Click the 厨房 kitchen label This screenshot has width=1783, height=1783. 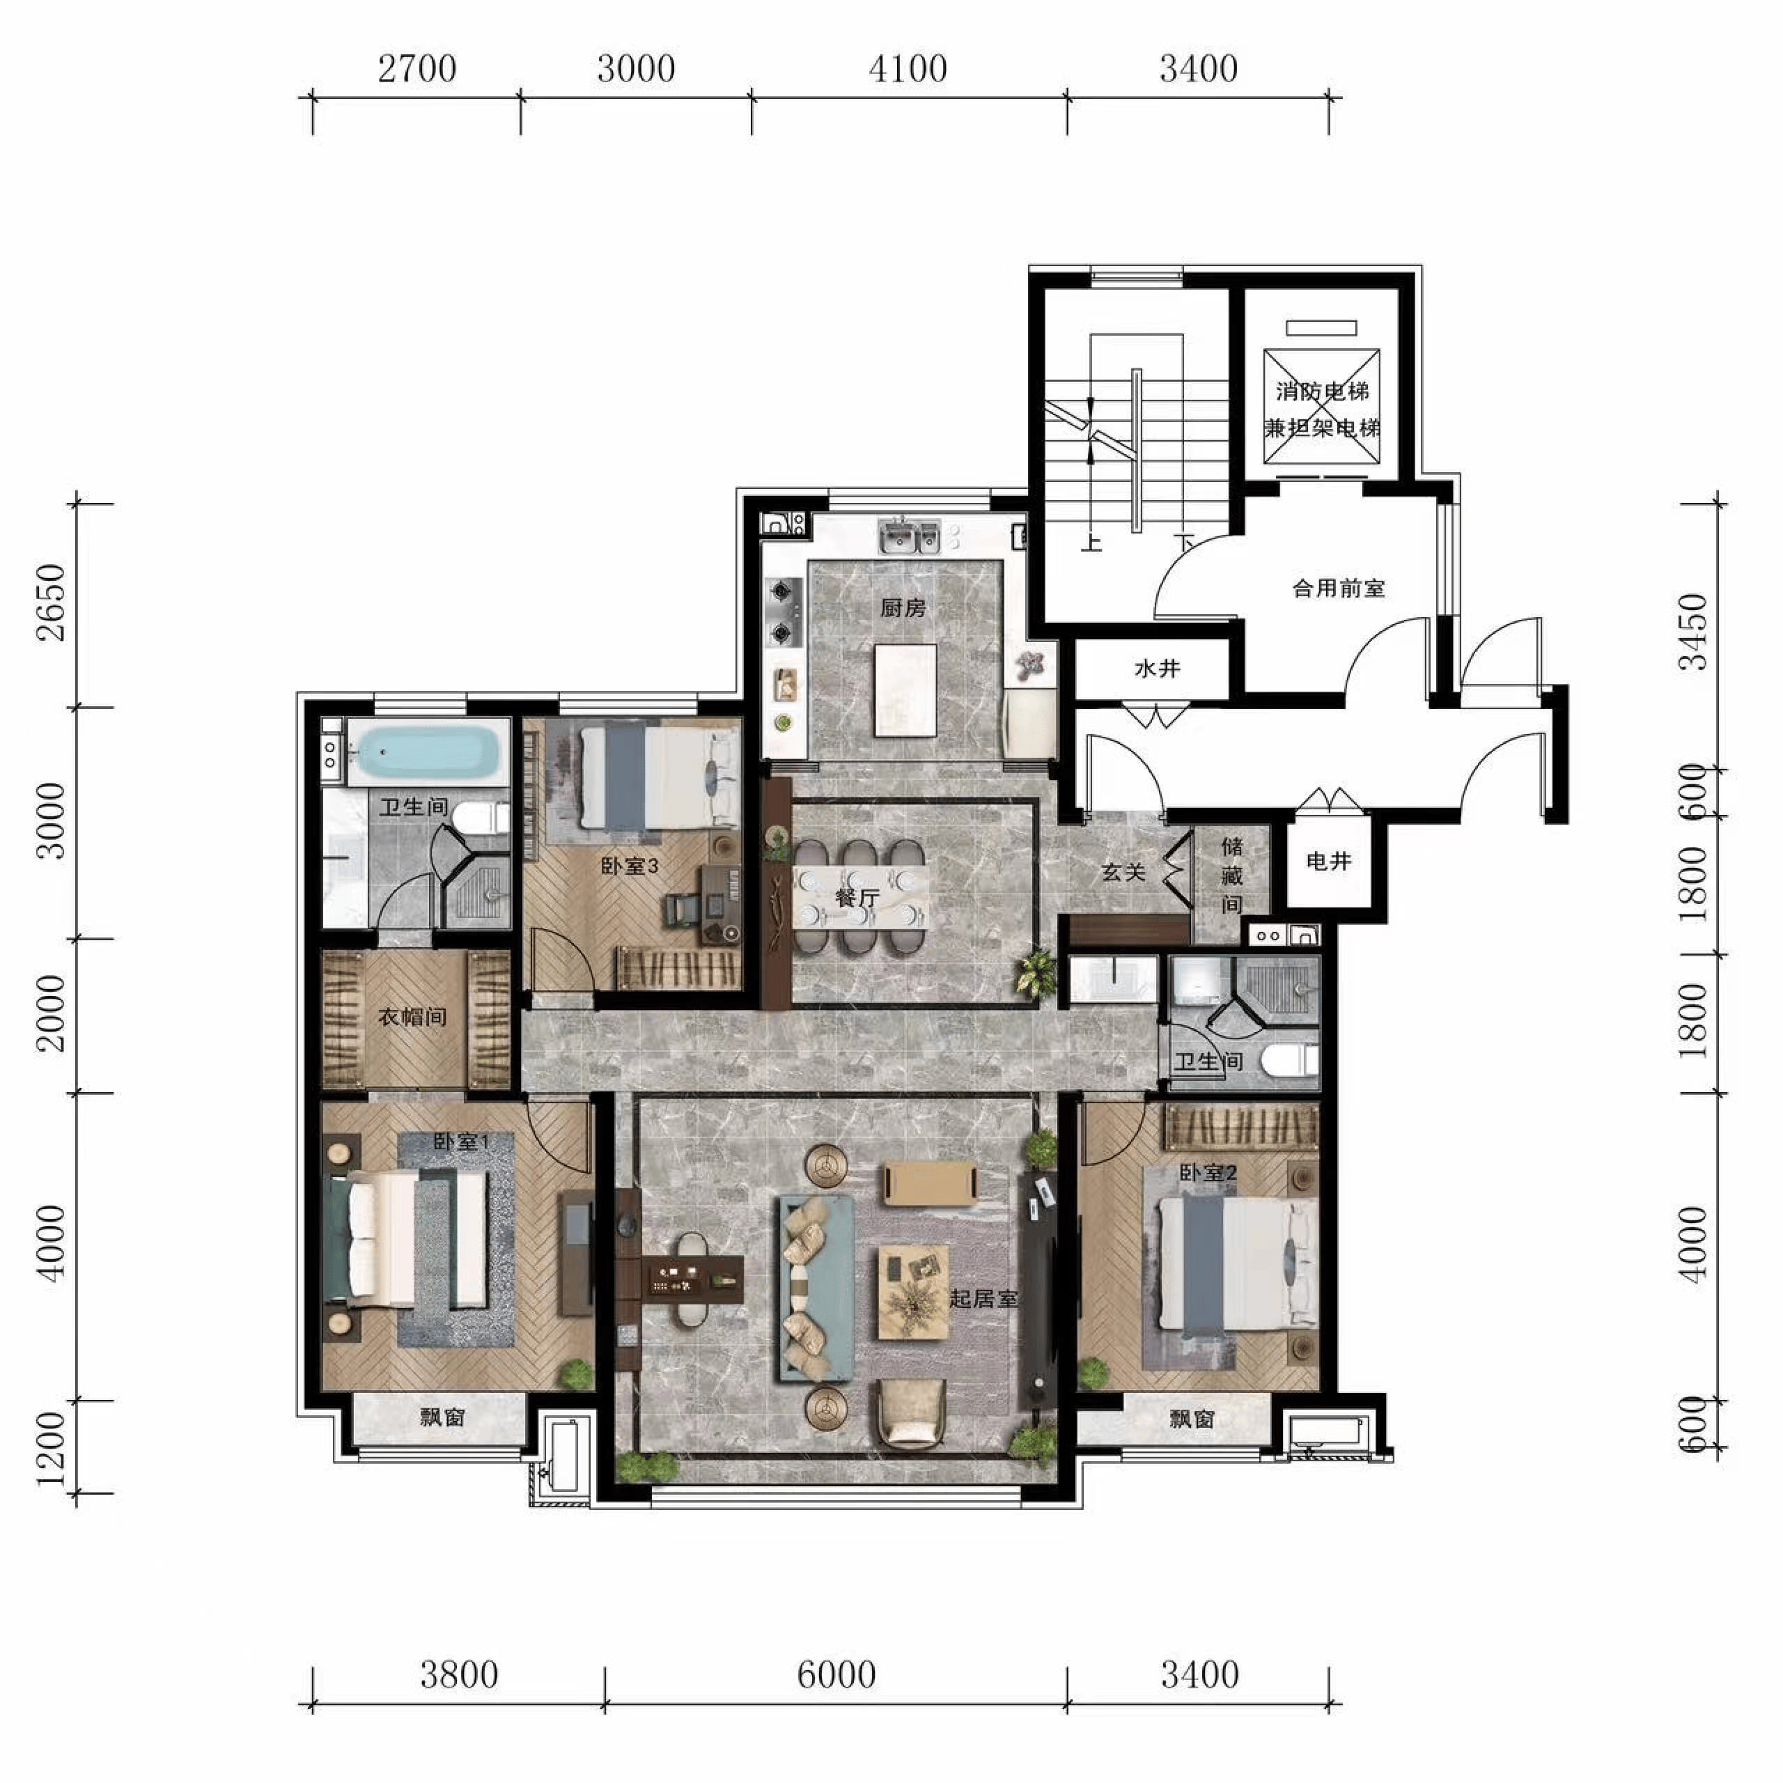[x=903, y=608]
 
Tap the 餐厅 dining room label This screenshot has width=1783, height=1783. [x=857, y=897]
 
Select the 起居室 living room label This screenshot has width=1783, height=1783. [x=984, y=1298]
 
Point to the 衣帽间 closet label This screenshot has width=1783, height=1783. [x=412, y=1017]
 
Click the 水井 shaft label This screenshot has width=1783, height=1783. [x=1158, y=668]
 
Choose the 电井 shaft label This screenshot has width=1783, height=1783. [x=1329, y=861]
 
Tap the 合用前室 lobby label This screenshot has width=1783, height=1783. [x=1338, y=588]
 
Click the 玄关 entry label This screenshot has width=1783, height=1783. [x=1123, y=871]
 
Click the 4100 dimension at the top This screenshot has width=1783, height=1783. [x=908, y=69]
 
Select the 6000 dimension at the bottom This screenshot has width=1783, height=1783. [x=836, y=1675]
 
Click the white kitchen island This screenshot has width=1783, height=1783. [x=905, y=690]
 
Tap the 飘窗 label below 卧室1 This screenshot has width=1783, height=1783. [x=442, y=1417]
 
